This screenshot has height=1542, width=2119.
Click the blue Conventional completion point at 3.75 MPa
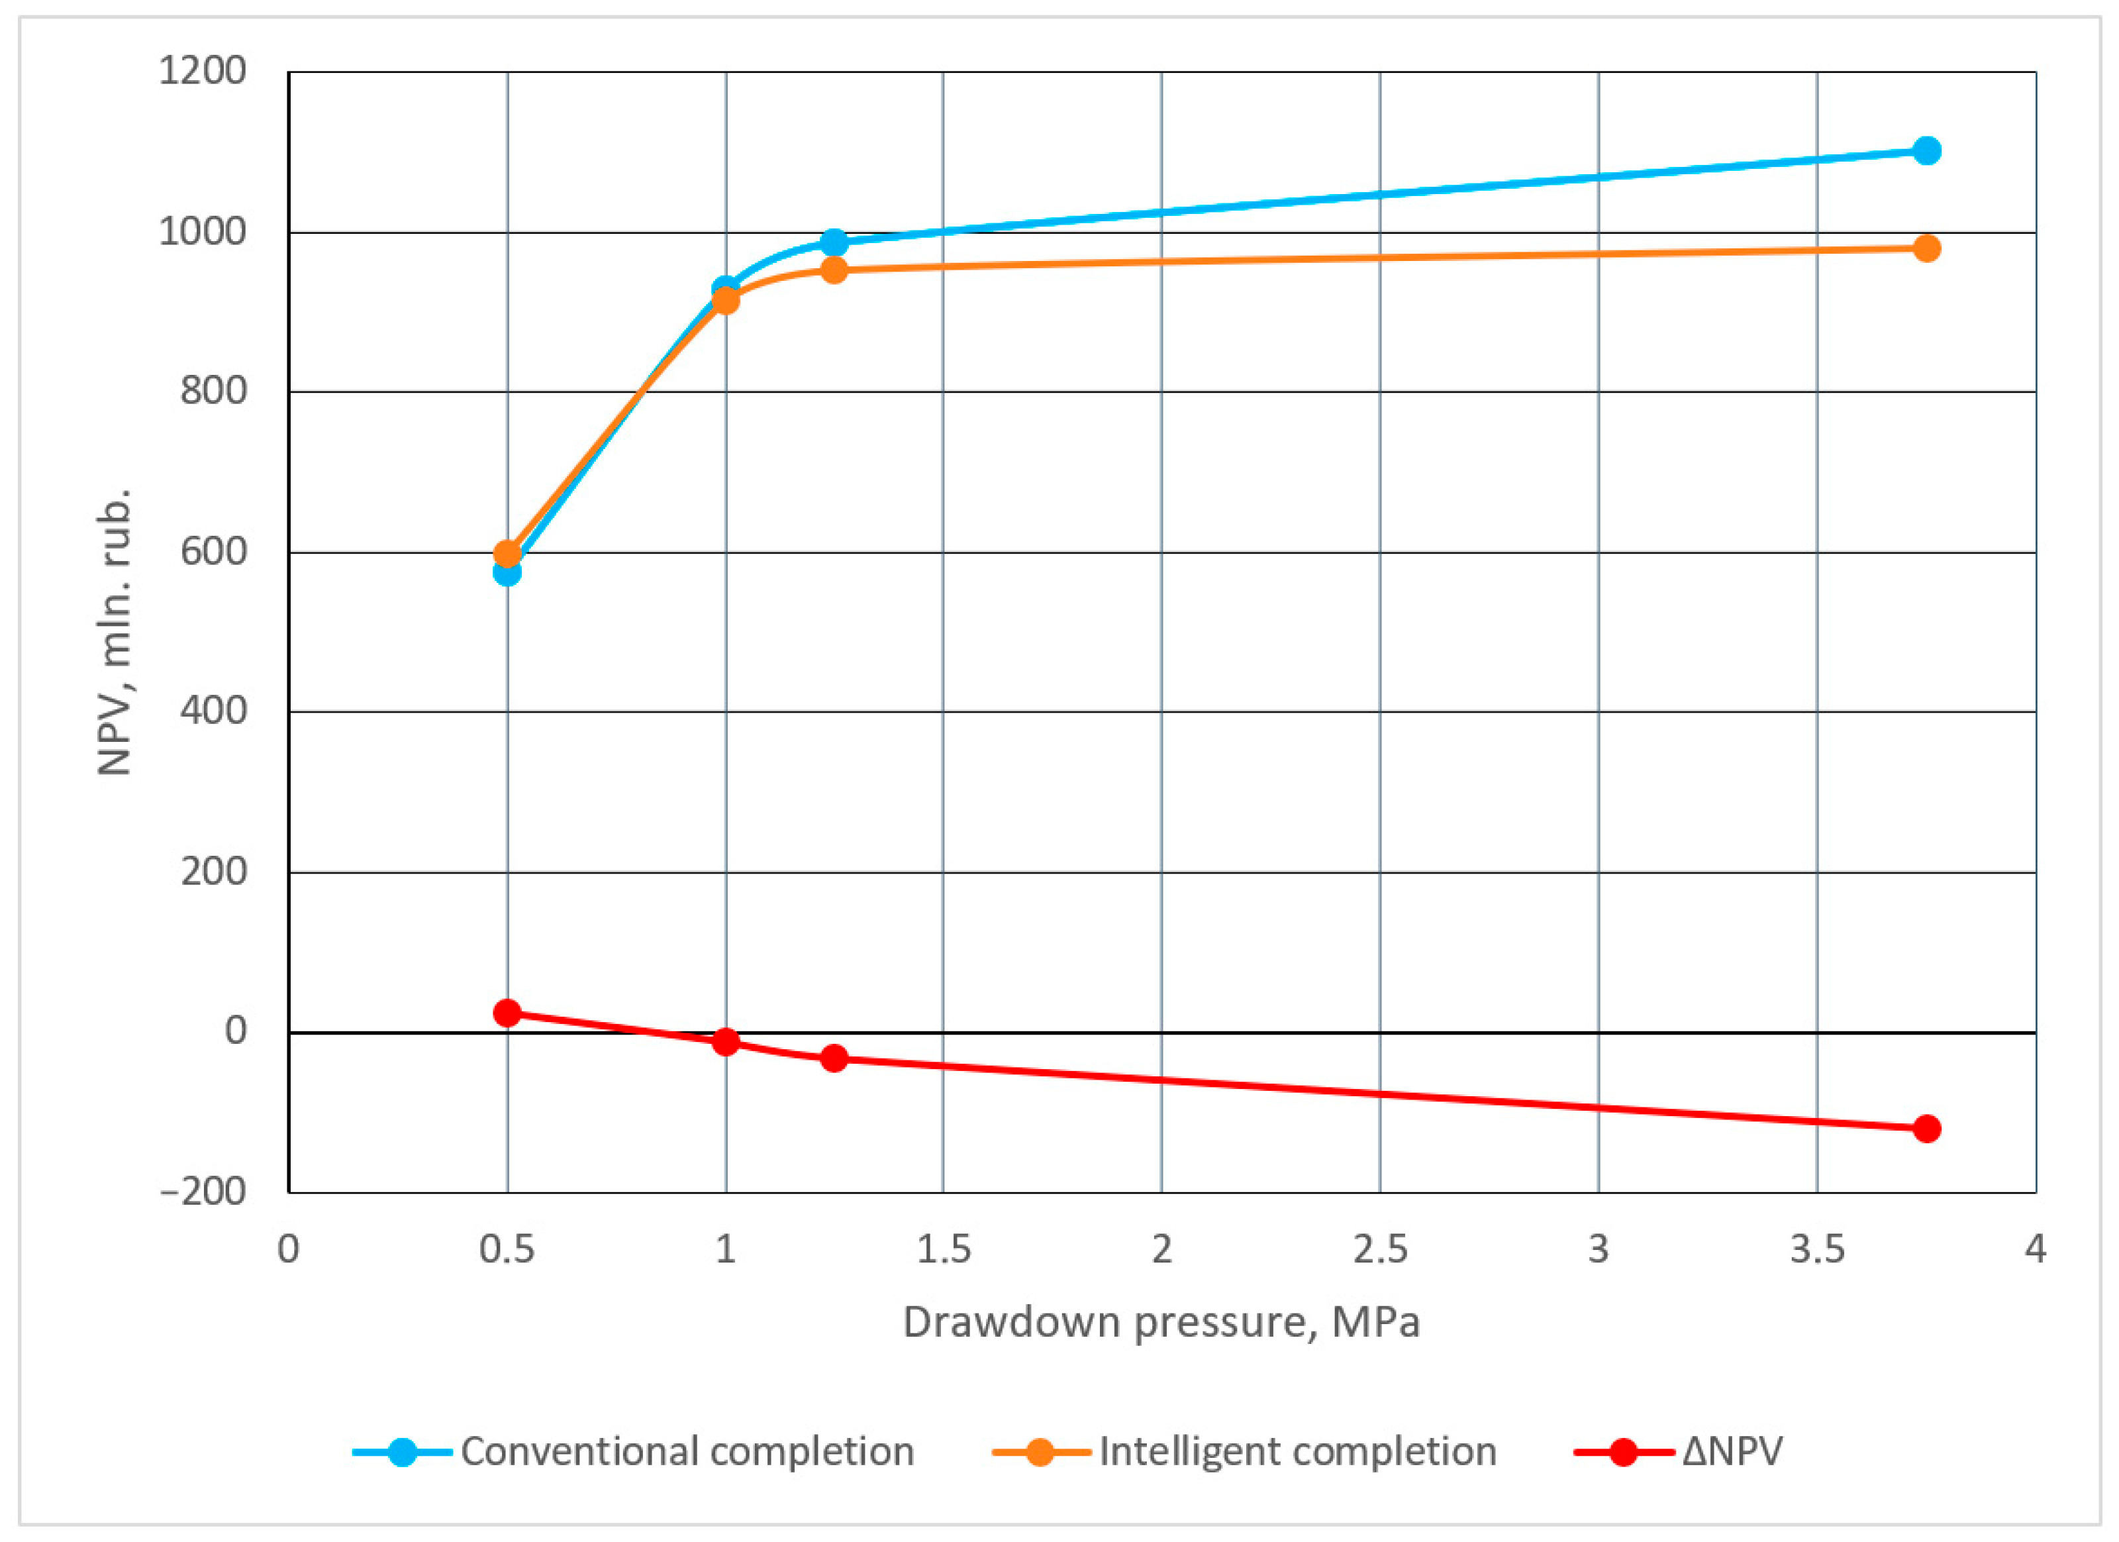tap(1926, 150)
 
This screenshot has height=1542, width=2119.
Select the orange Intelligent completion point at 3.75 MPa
tap(1926, 248)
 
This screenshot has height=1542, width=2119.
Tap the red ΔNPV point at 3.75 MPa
tap(1926, 1129)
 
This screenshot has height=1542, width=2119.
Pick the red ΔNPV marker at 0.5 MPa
tap(507, 1013)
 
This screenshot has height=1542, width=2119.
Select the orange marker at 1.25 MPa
tap(834, 271)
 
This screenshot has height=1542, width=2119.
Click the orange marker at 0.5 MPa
tap(507, 553)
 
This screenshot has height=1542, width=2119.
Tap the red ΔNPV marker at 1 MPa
tap(726, 1042)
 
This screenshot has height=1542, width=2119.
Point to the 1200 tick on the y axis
tap(203, 71)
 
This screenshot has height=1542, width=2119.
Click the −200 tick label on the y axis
tap(203, 1192)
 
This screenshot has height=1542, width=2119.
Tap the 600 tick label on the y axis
tap(214, 551)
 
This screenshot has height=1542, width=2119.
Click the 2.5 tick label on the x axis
tap(1380, 1249)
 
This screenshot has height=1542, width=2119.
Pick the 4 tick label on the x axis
tap(2036, 1249)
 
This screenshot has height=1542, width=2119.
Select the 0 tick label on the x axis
tap(289, 1249)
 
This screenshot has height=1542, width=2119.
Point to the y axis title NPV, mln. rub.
tap(115, 632)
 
